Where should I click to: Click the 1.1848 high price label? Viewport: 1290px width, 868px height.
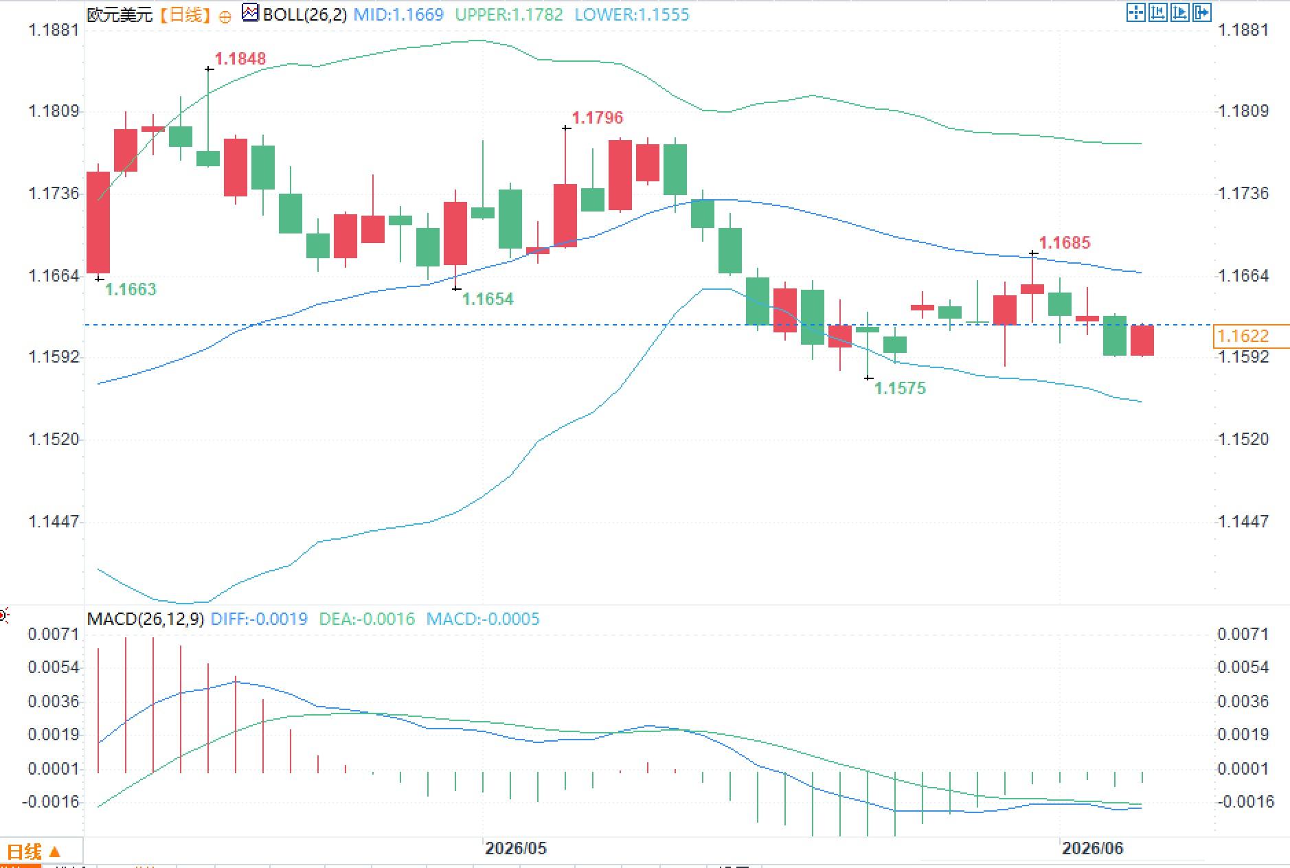pos(240,59)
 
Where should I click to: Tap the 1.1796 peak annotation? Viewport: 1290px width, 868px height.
pos(597,118)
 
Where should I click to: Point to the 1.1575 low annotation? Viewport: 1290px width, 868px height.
pos(900,389)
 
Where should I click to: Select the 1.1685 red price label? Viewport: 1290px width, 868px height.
pos(1064,243)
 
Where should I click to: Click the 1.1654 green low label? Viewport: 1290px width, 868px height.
pos(488,299)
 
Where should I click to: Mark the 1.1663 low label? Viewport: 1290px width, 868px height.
pos(131,290)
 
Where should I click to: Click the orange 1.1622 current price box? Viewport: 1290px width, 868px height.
pos(1242,336)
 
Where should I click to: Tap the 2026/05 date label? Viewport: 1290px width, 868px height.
pos(515,849)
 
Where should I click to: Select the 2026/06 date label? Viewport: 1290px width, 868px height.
pos(1092,849)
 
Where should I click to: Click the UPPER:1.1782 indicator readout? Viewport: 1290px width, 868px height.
pos(509,14)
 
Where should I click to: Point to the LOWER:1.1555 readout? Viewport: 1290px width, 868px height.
pos(631,14)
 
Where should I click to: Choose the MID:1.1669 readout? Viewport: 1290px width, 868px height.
pos(398,14)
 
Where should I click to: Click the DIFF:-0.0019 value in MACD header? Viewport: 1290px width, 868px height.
pos(259,619)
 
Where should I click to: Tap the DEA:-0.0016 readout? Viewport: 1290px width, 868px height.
pos(367,619)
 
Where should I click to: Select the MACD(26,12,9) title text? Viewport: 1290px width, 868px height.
pos(145,619)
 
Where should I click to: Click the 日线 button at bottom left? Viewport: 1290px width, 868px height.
pos(33,852)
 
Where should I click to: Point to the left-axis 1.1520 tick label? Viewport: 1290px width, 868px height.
pos(54,439)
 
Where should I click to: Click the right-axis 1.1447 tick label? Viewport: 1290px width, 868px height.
pos(1243,522)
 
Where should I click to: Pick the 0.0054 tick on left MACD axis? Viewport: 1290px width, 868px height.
pos(54,667)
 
